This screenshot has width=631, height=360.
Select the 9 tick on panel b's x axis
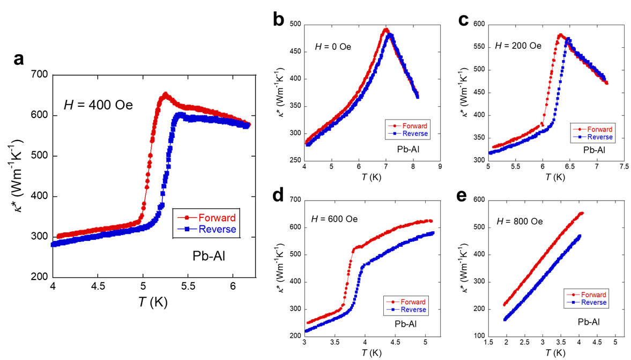coord(440,167)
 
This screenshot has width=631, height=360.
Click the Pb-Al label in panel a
coord(209,256)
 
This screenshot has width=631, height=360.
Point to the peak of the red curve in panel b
coord(385,30)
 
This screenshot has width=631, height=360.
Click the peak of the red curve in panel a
coord(165,94)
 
